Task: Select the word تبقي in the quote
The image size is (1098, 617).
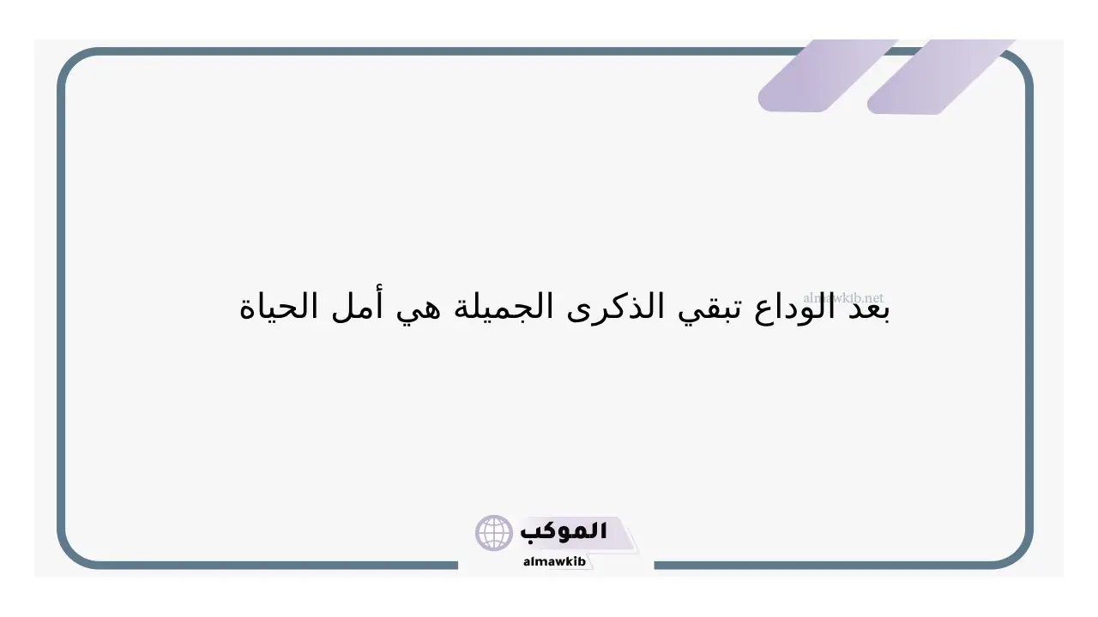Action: (x=709, y=309)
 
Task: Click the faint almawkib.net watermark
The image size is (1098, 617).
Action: (x=843, y=297)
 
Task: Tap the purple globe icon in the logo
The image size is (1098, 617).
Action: (x=493, y=533)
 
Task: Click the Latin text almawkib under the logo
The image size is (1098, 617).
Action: (x=554, y=561)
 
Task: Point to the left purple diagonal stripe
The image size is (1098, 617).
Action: (x=829, y=75)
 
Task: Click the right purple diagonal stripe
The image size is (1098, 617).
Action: (x=941, y=76)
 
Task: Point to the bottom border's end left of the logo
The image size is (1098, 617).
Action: (x=457, y=565)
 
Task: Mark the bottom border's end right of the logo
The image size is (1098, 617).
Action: (x=655, y=565)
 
